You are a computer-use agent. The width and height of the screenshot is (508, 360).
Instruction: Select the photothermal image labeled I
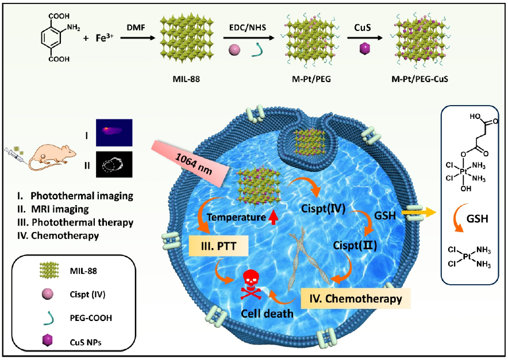[114, 131]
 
